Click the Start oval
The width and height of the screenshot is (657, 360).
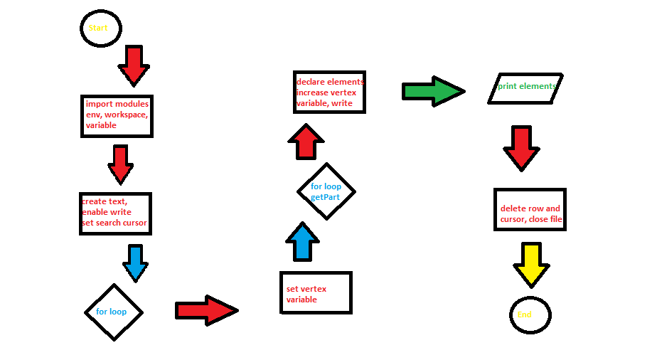click(x=100, y=28)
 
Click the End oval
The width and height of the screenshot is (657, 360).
click(x=530, y=314)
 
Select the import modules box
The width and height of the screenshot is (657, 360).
click(x=117, y=115)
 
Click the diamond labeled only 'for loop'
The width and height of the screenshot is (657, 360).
click(x=113, y=312)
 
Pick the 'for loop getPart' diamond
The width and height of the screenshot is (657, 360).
click(x=326, y=191)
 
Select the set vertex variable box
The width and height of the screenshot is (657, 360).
click(x=316, y=292)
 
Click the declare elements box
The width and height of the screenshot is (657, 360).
click(x=330, y=92)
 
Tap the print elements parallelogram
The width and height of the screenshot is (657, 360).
click(x=526, y=88)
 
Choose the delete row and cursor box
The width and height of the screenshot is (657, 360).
click(x=530, y=209)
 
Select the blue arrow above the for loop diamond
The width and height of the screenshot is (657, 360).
click(x=135, y=263)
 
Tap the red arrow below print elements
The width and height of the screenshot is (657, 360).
click(x=521, y=148)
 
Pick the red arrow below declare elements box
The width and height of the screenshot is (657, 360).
click(x=306, y=142)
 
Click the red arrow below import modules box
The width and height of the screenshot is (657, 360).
click(x=120, y=164)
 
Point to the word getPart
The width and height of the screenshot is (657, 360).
click(x=325, y=196)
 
